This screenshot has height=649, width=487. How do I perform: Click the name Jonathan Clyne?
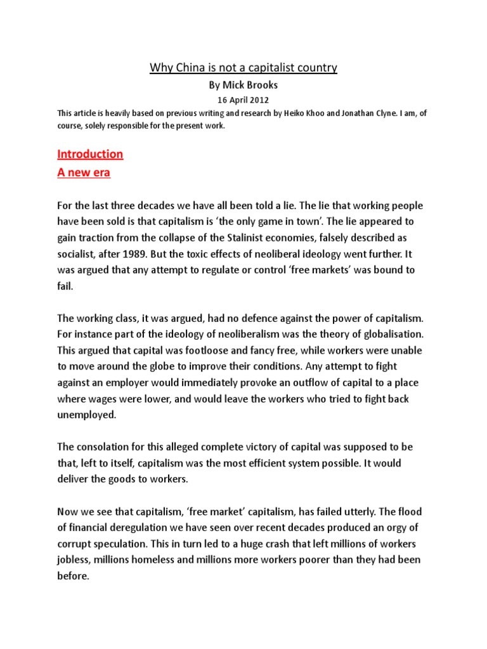[x=372, y=113]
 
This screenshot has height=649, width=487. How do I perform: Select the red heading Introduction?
[x=90, y=154]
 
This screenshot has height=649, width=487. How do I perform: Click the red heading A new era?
[x=84, y=173]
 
